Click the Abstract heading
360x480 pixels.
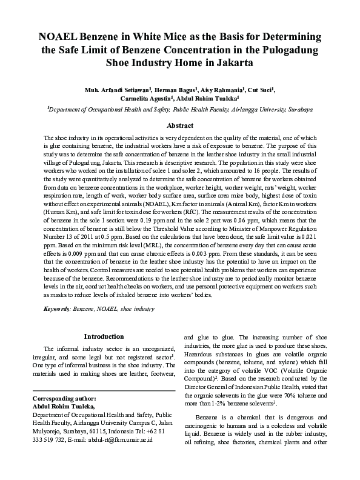coord(179,125)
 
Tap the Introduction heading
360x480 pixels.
coord(104,336)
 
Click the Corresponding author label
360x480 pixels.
coord(64,399)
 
